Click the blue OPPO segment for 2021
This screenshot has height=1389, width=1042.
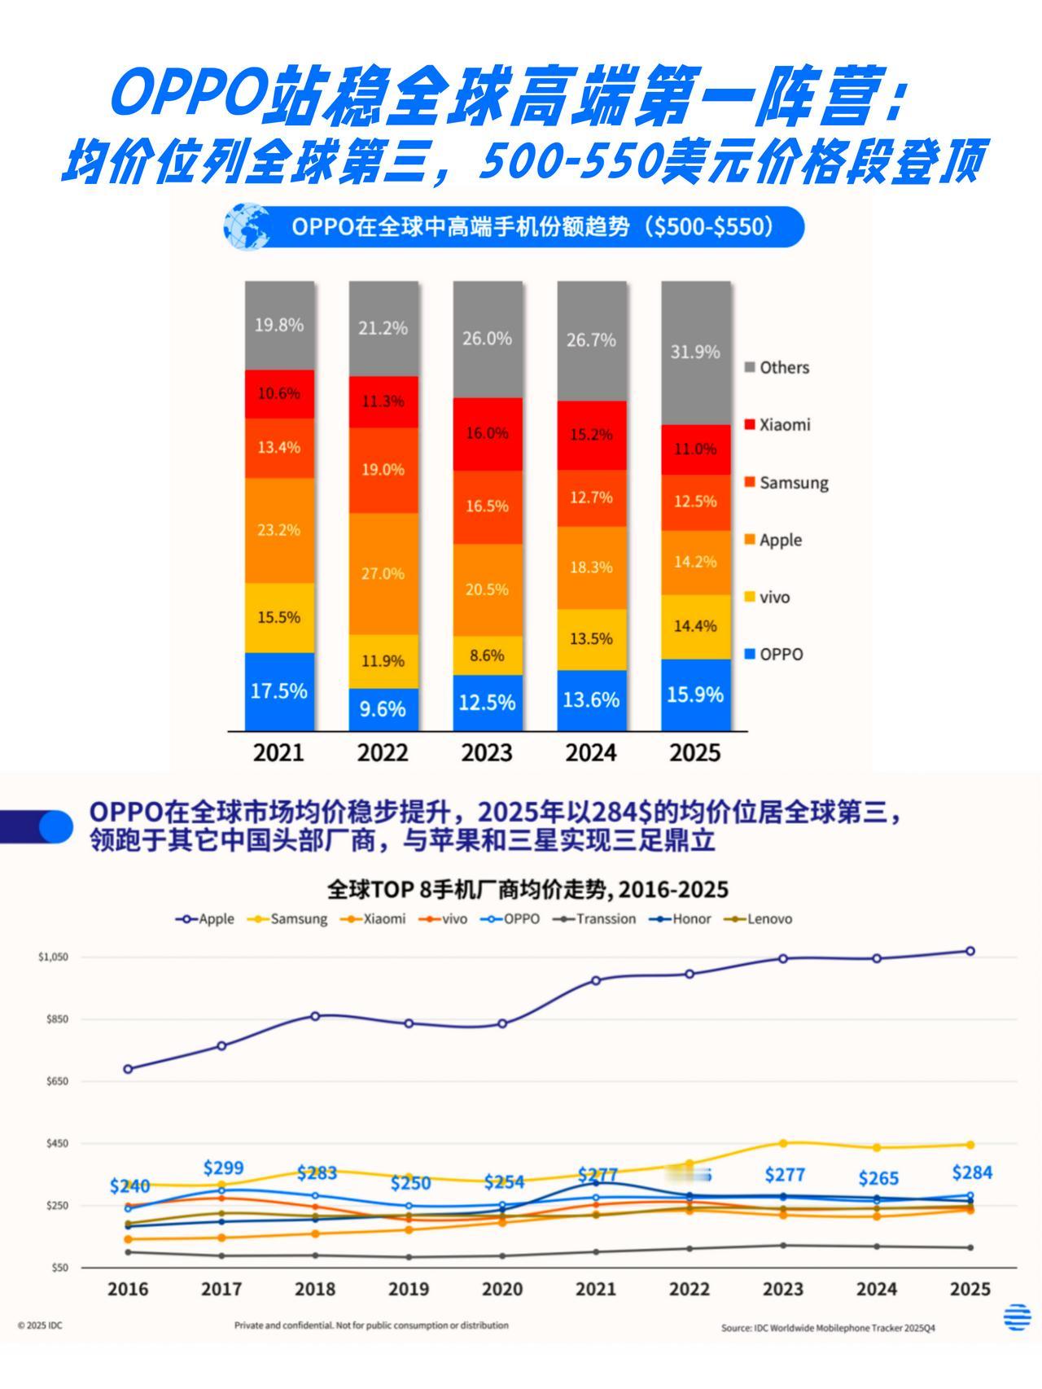click(279, 691)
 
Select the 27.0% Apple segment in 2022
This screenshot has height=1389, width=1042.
click(383, 573)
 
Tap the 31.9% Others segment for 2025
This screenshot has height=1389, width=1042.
click(695, 352)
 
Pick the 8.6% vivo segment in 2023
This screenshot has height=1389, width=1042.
click(487, 655)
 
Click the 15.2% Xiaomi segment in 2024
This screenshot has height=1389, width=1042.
click(591, 435)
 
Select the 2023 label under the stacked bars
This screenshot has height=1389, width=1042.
click(487, 752)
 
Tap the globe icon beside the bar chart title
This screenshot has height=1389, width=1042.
click(247, 226)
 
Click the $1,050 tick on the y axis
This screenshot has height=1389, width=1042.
click(53, 957)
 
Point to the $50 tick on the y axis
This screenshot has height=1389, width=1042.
click(59, 1268)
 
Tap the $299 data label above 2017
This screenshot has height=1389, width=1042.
click(223, 1168)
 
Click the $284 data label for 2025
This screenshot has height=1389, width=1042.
click(971, 1172)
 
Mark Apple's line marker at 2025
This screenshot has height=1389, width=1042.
click(970, 951)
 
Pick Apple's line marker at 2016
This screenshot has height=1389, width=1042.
click(128, 1069)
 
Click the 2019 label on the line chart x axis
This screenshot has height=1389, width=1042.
click(409, 1290)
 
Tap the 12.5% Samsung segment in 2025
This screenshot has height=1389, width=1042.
click(695, 502)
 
